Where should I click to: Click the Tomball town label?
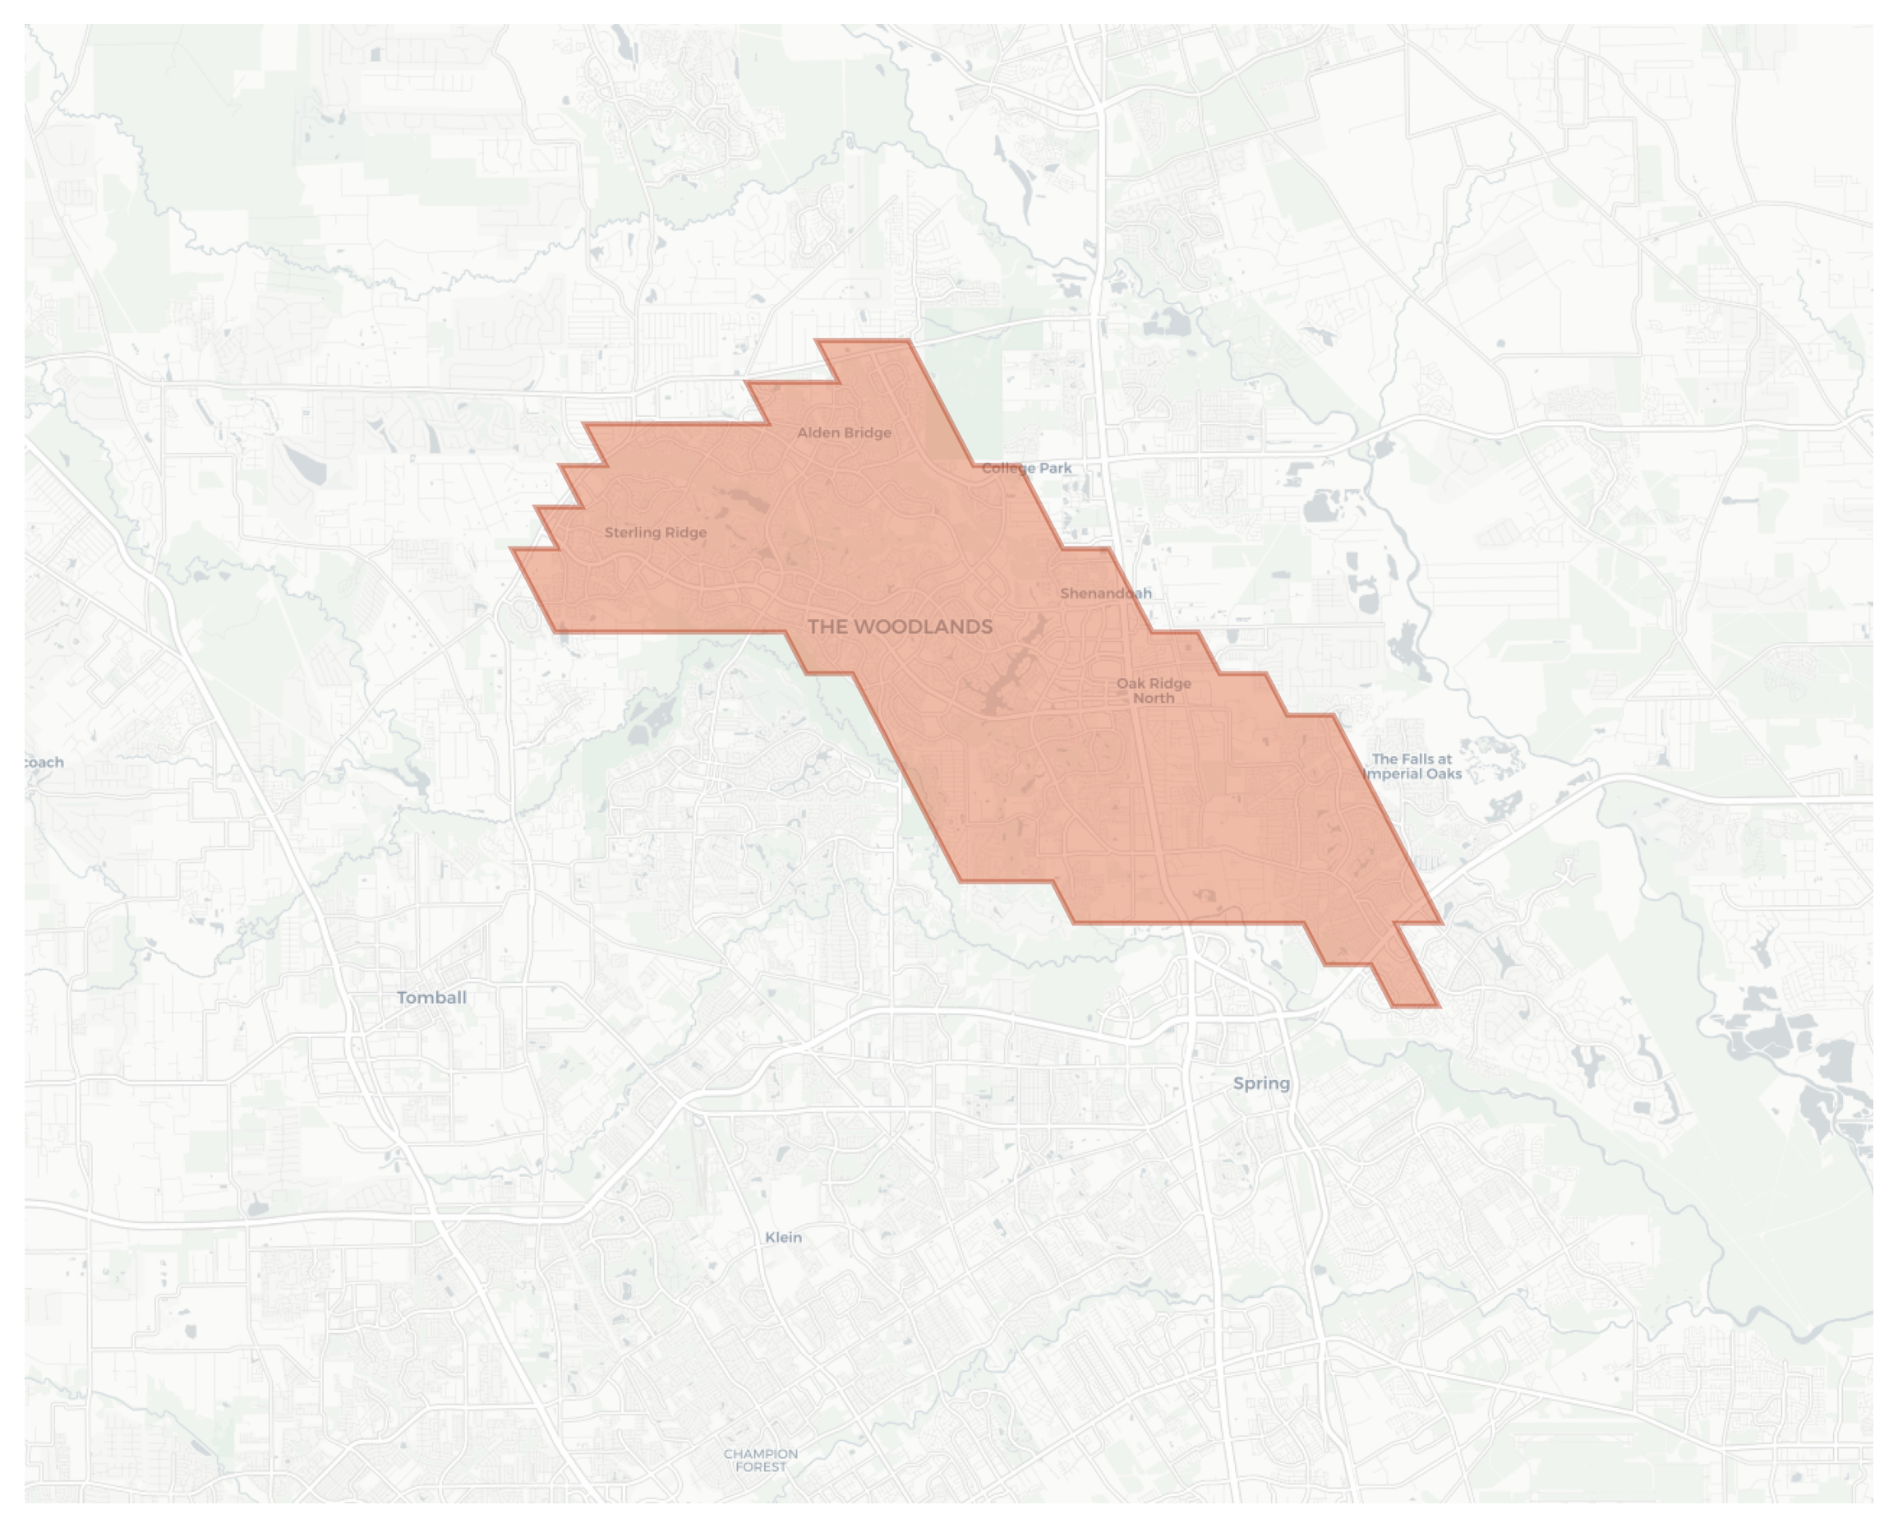pos(431,998)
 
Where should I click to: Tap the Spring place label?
pos(1260,1083)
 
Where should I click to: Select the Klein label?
pos(782,1237)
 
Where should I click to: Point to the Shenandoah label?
pos(1106,593)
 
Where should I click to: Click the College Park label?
pos(1026,468)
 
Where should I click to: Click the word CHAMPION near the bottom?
pos(761,1454)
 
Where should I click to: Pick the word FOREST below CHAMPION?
pos(761,1467)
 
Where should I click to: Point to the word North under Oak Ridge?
pos(1154,699)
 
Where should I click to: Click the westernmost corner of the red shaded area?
pos(511,549)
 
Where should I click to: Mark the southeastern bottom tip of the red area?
pos(1438,1006)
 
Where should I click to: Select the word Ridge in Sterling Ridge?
pos(687,533)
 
